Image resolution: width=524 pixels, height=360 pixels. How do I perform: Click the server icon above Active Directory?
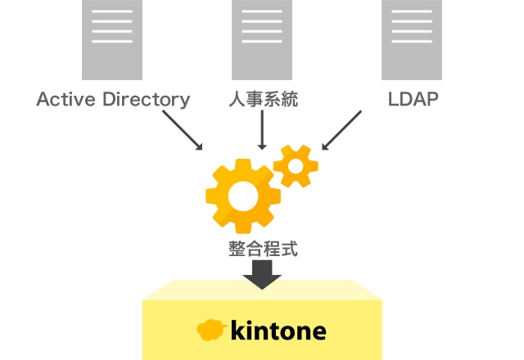[x=112, y=40]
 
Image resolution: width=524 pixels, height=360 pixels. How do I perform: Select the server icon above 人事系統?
[x=262, y=40]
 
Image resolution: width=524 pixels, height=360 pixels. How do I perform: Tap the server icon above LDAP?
[x=412, y=40]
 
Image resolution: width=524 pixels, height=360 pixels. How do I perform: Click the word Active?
[x=65, y=99]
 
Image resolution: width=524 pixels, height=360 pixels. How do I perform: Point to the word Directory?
[x=147, y=100]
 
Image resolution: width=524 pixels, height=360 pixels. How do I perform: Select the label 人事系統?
[x=264, y=99]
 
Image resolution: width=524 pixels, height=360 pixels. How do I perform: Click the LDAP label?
[x=413, y=99]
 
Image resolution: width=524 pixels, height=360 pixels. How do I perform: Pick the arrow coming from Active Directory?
[x=183, y=130]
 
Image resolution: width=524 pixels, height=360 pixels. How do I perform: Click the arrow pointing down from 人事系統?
[x=262, y=130]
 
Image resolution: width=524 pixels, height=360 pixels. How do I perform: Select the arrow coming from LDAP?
[x=341, y=130]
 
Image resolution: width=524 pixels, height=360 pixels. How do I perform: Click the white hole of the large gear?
[x=243, y=196]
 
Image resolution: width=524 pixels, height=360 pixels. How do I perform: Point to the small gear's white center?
[x=296, y=166]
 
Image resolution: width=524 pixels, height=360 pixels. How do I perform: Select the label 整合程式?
[x=263, y=249]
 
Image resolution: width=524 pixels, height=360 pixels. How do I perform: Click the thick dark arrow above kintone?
[x=262, y=275]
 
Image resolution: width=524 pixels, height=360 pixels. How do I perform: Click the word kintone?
[x=278, y=331]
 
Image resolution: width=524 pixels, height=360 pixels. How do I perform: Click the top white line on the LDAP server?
[x=412, y=11]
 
